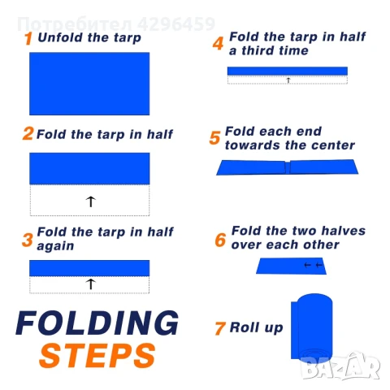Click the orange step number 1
(x=28, y=38)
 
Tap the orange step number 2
(x=28, y=133)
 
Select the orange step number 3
(x=28, y=240)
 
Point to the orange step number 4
(x=219, y=43)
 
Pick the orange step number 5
(x=214, y=137)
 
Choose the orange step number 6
(x=220, y=240)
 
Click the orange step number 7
(x=220, y=328)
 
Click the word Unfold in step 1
(x=60, y=37)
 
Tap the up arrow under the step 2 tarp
(x=91, y=201)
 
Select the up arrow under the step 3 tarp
(x=91, y=284)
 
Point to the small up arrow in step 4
(x=288, y=80)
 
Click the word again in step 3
(x=55, y=246)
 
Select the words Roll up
(x=256, y=327)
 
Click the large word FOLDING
(x=97, y=323)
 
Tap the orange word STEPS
(x=97, y=355)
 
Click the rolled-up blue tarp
(x=311, y=327)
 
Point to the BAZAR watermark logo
(x=340, y=366)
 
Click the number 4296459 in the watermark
(x=176, y=24)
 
